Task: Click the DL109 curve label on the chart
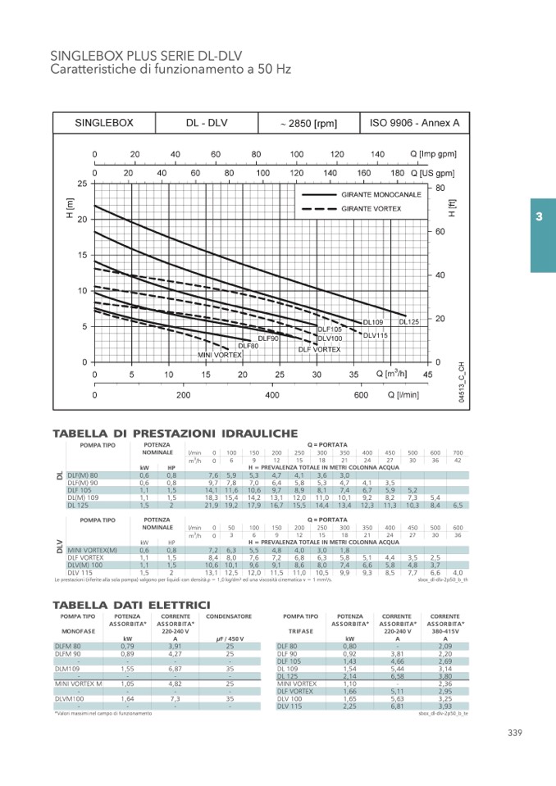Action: click(371, 323)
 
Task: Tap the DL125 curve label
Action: click(409, 322)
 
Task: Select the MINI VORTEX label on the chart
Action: click(220, 355)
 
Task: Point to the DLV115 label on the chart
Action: click(375, 334)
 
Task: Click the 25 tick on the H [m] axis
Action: click(82, 184)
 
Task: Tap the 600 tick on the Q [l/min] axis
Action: click(361, 395)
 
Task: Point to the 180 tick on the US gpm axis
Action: click(397, 174)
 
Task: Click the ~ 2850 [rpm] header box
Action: click(308, 124)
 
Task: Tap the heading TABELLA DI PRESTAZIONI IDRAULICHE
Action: click(175, 433)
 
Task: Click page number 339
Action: click(514, 733)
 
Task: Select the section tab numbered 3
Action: click(539, 217)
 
